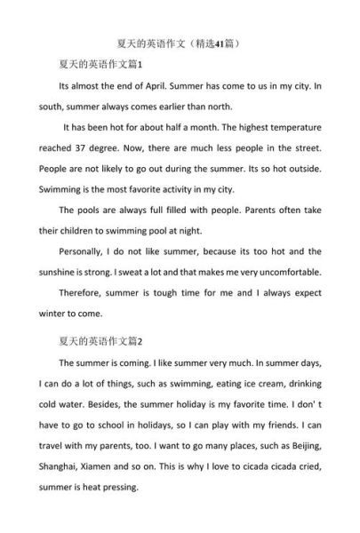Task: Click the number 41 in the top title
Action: pos(217,42)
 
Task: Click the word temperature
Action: pos(290,128)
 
